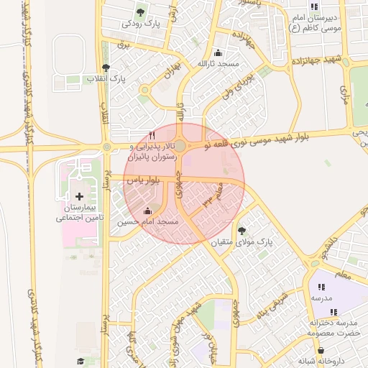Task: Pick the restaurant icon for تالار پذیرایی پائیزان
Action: point(151,135)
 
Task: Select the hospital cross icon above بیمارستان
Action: point(79,196)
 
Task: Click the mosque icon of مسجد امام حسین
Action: point(148,211)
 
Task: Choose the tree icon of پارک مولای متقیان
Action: point(242,231)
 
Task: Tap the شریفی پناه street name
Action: point(272,301)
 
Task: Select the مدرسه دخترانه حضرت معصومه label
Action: point(332,328)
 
